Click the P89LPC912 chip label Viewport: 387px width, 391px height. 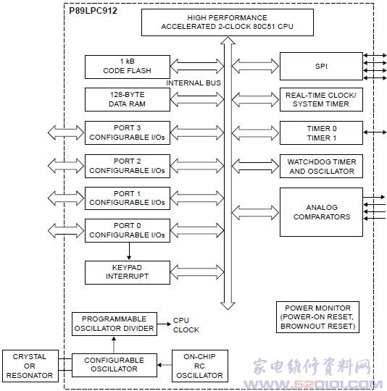(x=93, y=11)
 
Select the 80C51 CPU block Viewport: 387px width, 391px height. (x=228, y=22)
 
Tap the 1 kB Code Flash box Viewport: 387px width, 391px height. (x=128, y=67)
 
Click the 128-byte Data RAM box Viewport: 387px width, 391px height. (x=128, y=99)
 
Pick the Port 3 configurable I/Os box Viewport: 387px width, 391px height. (x=128, y=133)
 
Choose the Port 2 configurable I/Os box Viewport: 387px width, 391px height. (x=128, y=166)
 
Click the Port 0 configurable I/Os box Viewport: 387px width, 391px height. (x=128, y=230)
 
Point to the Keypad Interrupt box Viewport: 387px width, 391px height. (x=128, y=272)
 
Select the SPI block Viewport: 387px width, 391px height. (x=321, y=66)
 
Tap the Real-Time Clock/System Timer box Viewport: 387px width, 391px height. (x=321, y=99)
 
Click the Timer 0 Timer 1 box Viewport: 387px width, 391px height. (x=321, y=133)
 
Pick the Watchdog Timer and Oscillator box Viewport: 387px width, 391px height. (x=321, y=166)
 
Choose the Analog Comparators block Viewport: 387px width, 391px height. (x=321, y=212)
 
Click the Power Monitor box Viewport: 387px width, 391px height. (x=317, y=317)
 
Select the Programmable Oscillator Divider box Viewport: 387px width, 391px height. (x=115, y=324)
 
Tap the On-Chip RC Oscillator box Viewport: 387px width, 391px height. (x=199, y=366)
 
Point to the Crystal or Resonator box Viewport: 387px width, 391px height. (x=30, y=366)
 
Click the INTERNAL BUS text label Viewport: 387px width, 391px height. (x=193, y=83)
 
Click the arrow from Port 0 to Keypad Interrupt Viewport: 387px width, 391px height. (x=129, y=251)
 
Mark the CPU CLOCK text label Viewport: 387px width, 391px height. (x=186, y=325)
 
